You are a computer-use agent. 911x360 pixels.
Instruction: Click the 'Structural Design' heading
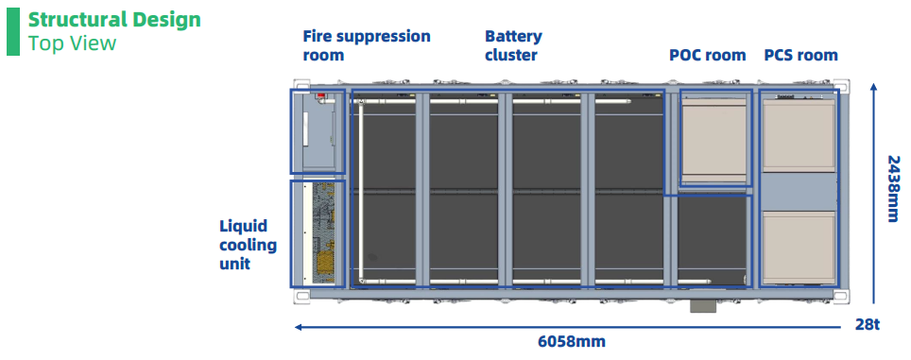coord(114,20)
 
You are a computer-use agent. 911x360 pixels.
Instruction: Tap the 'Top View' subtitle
coord(72,43)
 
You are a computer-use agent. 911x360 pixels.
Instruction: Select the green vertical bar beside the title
coord(13,32)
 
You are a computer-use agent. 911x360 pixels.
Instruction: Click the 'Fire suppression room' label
coord(367,45)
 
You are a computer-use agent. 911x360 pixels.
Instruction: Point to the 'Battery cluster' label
coord(513,45)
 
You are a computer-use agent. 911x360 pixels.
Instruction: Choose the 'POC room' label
coord(708,55)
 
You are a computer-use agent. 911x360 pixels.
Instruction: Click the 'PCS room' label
coord(800,55)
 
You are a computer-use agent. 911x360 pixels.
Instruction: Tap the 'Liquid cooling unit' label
coord(249,245)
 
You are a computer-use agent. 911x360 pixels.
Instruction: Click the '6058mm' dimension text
coord(572,341)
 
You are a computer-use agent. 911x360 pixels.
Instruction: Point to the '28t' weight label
coord(868,324)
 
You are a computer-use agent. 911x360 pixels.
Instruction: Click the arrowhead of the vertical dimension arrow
coord(873,86)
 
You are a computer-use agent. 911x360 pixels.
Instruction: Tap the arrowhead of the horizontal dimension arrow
coord(298,328)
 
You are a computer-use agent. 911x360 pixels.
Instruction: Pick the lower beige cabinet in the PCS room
coord(799,248)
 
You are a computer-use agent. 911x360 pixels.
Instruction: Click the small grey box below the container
coord(703,306)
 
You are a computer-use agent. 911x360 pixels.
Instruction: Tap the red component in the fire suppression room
coord(319,95)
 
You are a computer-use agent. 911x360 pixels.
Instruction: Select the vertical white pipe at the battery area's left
coord(361,191)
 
